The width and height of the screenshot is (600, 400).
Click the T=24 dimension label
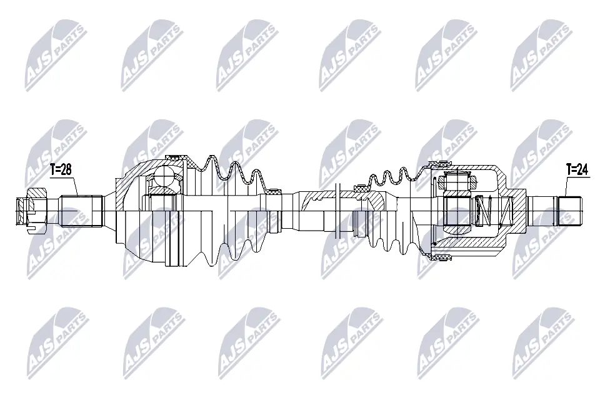tap(577, 169)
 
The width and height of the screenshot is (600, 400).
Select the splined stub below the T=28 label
tap(81, 210)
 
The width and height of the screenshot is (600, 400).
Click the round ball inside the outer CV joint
tap(166, 176)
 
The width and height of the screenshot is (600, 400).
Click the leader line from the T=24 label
tap(566, 186)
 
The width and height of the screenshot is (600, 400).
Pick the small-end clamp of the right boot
tap(361, 187)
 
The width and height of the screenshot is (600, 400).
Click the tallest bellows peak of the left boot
tap(211, 156)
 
